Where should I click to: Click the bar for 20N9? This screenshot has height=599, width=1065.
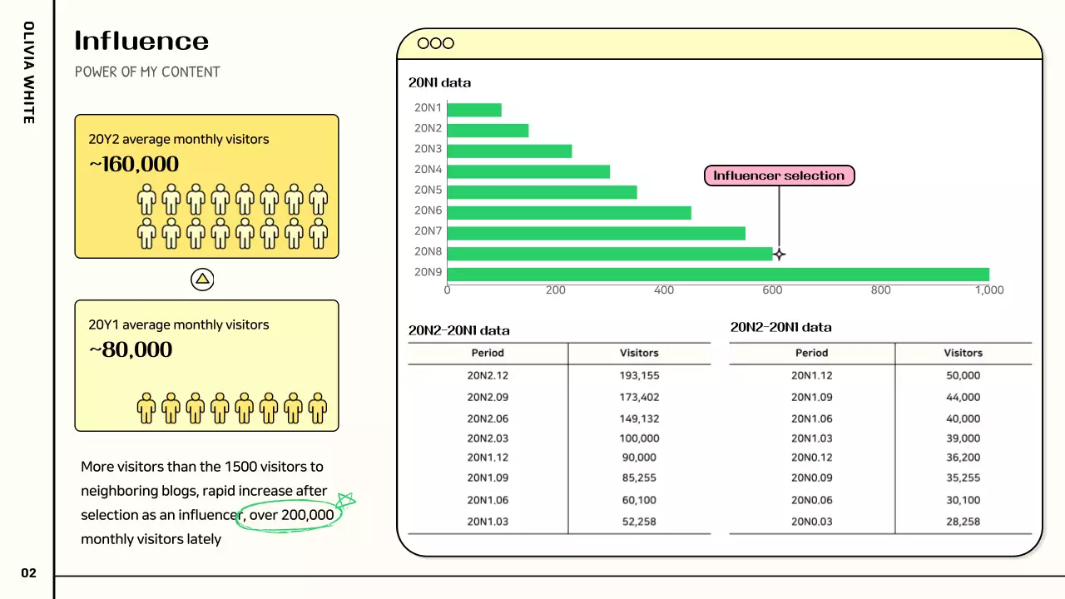coord(718,275)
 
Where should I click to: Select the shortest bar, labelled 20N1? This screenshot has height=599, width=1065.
coord(474,110)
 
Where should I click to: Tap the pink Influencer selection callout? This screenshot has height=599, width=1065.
coord(779,176)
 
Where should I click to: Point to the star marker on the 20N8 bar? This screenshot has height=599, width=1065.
coord(779,255)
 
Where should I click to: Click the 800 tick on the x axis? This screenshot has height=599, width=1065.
coord(880,290)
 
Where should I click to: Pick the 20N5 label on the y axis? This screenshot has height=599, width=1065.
coord(428,190)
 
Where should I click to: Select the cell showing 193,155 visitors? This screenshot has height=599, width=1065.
coord(639,375)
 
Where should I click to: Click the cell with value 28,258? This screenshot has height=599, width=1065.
coord(963,522)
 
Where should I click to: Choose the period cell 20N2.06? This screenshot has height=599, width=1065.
coord(488,418)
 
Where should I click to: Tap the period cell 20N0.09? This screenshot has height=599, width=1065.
coord(811,478)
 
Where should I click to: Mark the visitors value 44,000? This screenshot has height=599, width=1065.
coord(963,397)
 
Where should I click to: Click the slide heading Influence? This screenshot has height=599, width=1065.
coord(141,41)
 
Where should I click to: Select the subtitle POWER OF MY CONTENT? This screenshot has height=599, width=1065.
coord(147,72)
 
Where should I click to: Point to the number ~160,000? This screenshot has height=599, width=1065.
coord(134,164)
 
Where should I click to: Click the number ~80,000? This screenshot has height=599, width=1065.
coord(131,349)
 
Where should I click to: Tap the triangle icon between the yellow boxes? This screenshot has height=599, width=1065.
coord(202,280)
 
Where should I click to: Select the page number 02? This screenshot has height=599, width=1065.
coord(29,573)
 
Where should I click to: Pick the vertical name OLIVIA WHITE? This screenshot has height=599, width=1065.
coord(28,72)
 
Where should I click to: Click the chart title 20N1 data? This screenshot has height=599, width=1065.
coord(439,82)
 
